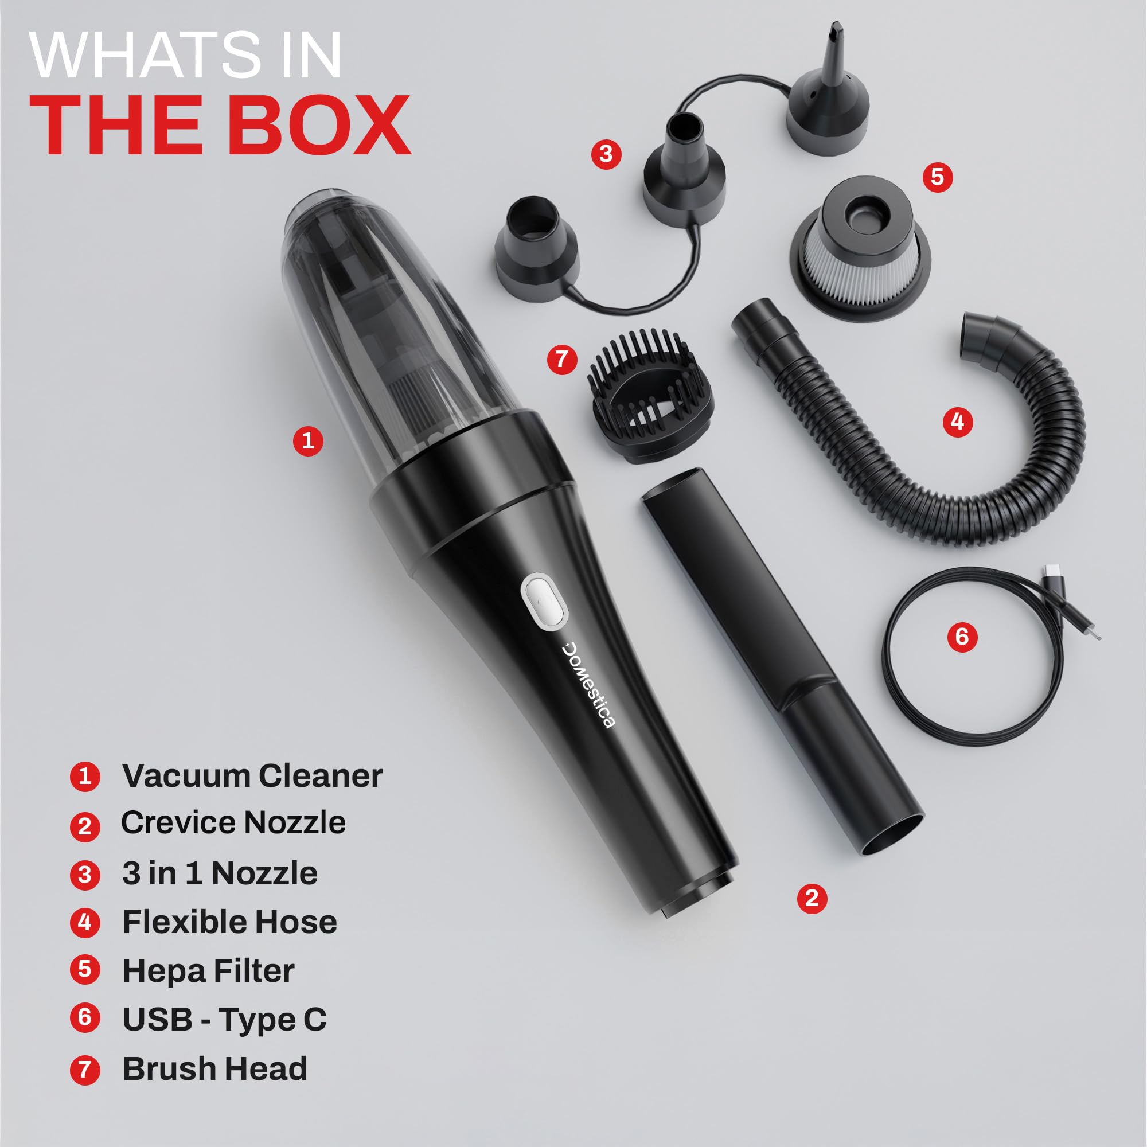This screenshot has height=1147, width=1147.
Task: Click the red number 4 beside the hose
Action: point(958,422)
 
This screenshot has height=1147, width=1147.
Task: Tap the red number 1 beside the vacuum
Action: point(307,440)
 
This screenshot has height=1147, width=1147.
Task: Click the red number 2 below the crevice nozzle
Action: point(812,898)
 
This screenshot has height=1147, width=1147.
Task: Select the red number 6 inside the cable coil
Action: point(962,637)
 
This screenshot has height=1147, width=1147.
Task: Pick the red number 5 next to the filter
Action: point(938,177)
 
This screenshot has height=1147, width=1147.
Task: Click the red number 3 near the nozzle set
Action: point(606,154)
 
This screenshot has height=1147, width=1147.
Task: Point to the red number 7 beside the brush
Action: point(561,359)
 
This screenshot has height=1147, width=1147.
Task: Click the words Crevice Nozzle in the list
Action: point(233,823)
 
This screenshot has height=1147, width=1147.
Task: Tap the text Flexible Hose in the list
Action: point(230,922)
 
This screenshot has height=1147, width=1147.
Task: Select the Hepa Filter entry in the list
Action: point(208,971)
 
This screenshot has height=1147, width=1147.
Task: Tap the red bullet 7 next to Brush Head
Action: point(85,1069)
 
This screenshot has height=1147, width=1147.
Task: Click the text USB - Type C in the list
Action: point(224,1019)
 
